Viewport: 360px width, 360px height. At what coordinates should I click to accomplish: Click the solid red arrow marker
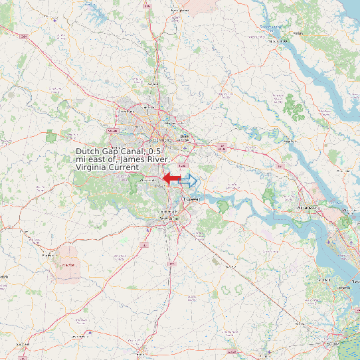coord(171,178)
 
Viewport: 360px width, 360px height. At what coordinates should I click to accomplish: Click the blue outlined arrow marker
coord(189,180)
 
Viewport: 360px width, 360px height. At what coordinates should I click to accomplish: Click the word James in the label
coord(136,160)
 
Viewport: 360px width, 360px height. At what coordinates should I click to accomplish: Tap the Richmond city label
coord(161,141)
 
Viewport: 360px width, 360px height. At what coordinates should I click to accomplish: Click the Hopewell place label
coord(192,199)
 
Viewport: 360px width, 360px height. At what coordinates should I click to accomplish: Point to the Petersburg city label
coord(169,217)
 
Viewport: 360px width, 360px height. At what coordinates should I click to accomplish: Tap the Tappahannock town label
coord(281,41)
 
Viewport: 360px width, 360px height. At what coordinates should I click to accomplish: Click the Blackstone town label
coord(47,255)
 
